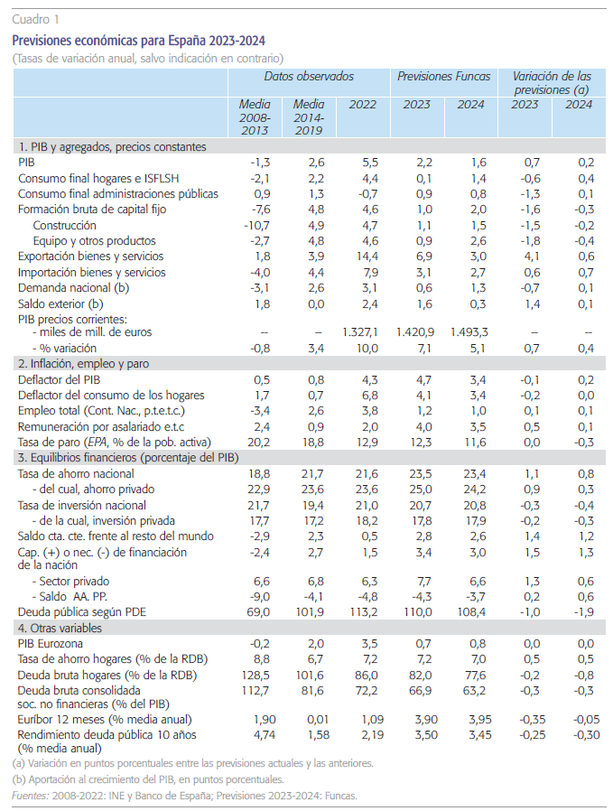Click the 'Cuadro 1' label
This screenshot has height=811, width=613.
click(x=35, y=18)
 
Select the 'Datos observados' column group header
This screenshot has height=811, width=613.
click(x=311, y=77)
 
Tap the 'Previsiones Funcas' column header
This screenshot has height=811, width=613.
click(x=442, y=77)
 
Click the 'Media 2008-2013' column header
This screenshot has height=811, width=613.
click(x=255, y=117)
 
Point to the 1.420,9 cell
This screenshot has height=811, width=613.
click(x=415, y=332)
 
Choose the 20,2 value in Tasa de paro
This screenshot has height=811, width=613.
click(x=258, y=442)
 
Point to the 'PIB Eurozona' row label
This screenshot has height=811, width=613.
click(x=51, y=643)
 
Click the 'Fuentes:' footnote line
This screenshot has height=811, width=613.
click(x=185, y=796)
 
